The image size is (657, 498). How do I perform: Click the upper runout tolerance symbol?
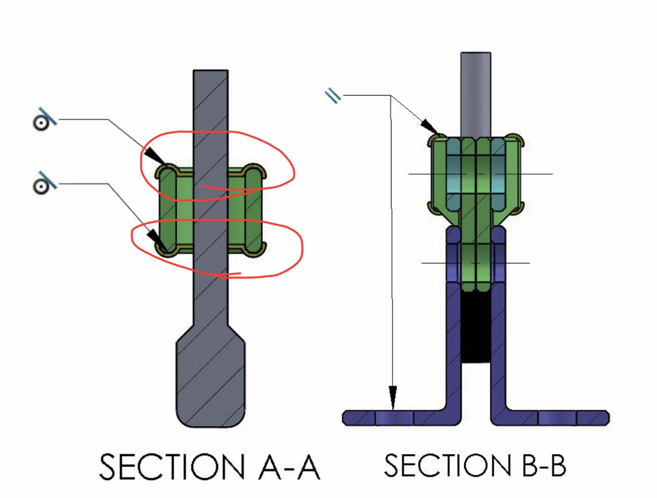coord(42,121)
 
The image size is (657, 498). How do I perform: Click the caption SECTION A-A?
coord(209,467)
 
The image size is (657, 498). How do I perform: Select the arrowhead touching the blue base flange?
coord(393,397)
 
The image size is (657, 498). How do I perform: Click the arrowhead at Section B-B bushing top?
coord(429,128)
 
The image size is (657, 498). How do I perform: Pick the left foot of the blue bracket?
coord(397,417)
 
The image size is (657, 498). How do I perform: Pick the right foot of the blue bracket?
coord(554,417)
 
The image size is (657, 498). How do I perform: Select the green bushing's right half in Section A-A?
coord(244,209)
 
